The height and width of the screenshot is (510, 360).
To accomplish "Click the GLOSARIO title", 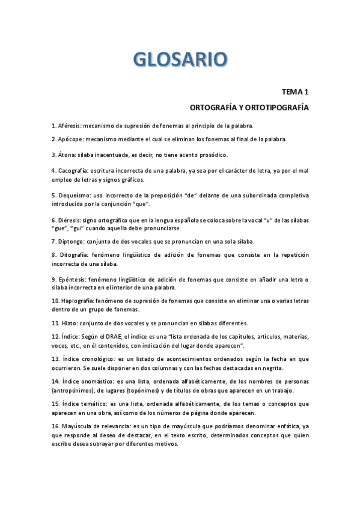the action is click(x=180, y=60).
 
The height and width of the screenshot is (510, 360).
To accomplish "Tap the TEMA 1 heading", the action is click(x=294, y=92).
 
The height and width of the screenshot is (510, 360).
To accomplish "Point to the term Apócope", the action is click(x=71, y=140).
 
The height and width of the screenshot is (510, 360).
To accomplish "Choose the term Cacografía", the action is click(x=74, y=171).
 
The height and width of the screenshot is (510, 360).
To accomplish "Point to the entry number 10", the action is click(x=54, y=300).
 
